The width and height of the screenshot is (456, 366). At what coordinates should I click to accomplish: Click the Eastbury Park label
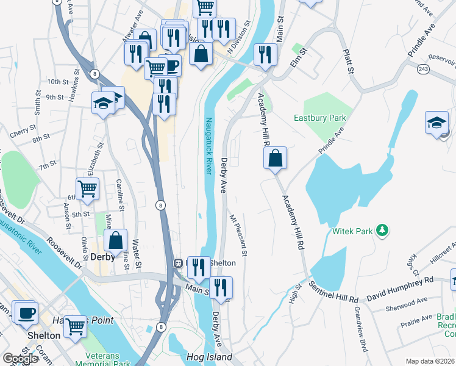[320, 118]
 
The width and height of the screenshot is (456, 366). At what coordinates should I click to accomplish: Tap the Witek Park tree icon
[382, 230]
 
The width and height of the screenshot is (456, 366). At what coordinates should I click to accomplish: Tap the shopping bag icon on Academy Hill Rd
[276, 159]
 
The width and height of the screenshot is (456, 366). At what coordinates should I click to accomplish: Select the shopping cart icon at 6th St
[87, 188]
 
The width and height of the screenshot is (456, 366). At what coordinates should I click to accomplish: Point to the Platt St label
[348, 62]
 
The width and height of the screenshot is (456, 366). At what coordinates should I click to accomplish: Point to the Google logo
[20, 359]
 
